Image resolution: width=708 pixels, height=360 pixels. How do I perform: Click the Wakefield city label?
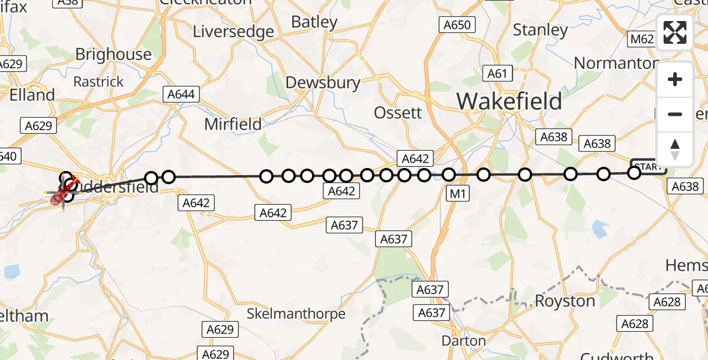point(509,101)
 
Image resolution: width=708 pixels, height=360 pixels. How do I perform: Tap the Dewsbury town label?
point(323,82)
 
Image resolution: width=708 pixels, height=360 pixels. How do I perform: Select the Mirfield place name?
point(233,124)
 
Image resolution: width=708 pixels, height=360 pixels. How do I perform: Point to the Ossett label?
point(398,112)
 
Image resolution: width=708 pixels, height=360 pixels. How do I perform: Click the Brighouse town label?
point(113,54)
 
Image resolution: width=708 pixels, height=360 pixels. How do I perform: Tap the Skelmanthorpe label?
point(296,313)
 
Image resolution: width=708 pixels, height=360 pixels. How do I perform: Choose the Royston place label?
point(565,301)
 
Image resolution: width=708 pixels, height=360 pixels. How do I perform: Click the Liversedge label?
point(233,31)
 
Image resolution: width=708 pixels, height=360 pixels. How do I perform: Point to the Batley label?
point(314,22)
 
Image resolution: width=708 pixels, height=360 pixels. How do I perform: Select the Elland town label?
point(32,95)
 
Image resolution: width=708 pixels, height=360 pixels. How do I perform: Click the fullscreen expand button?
point(675,32)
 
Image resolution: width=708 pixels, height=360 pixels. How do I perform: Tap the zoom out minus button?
point(675,114)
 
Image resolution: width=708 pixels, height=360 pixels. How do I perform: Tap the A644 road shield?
point(181,94)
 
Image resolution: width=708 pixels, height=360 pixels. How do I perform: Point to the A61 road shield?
point(497,74)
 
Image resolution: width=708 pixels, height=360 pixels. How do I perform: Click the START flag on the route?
point(648,166)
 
